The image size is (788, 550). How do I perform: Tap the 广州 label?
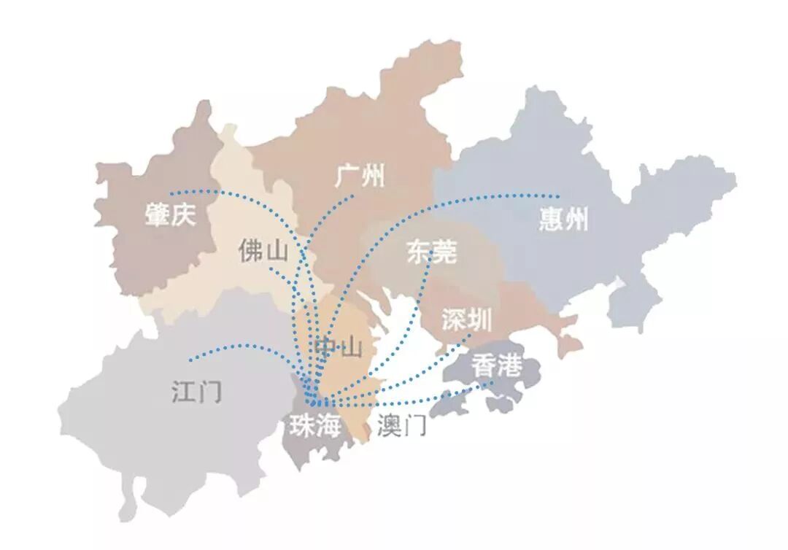click(360, 176)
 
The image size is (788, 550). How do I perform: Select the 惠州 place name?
click(563, 218)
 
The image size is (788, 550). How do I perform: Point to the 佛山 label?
click(263, 251)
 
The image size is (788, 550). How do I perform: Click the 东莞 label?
click(432, 252)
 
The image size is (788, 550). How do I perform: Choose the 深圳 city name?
click(467, 319)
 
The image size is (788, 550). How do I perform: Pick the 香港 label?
click(496, 366)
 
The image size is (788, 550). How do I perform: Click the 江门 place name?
click(196, 392)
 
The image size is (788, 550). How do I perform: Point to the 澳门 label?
click(402, 426)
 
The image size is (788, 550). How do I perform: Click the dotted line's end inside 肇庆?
click(170, 193)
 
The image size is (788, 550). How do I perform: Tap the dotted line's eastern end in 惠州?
click(558, 196)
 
